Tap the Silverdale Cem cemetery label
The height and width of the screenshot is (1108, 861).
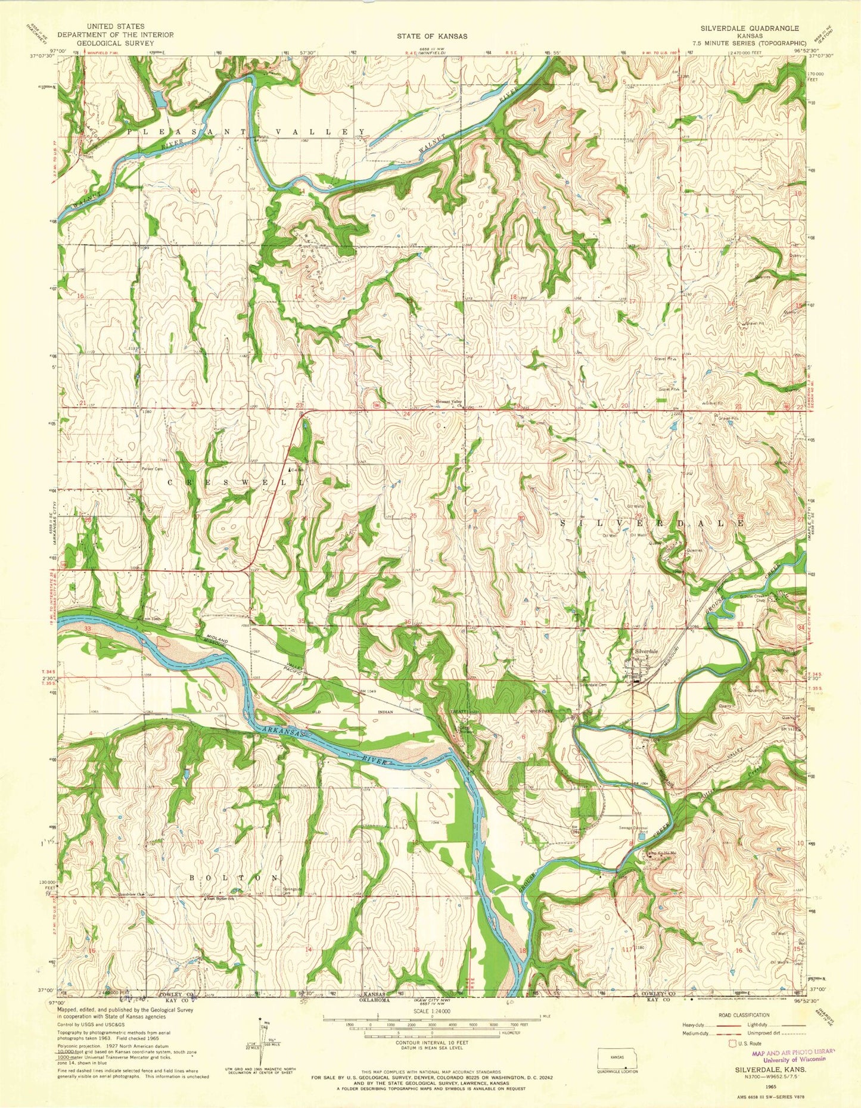[593, 685]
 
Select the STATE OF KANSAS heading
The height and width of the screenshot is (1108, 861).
[433, 36]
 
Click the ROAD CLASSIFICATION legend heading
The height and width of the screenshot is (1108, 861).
[744, 1015]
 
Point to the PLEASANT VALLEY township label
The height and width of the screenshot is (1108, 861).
[245, 132]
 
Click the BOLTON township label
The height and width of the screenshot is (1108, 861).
[234, 877]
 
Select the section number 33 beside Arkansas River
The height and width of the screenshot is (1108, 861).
[88, 629]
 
